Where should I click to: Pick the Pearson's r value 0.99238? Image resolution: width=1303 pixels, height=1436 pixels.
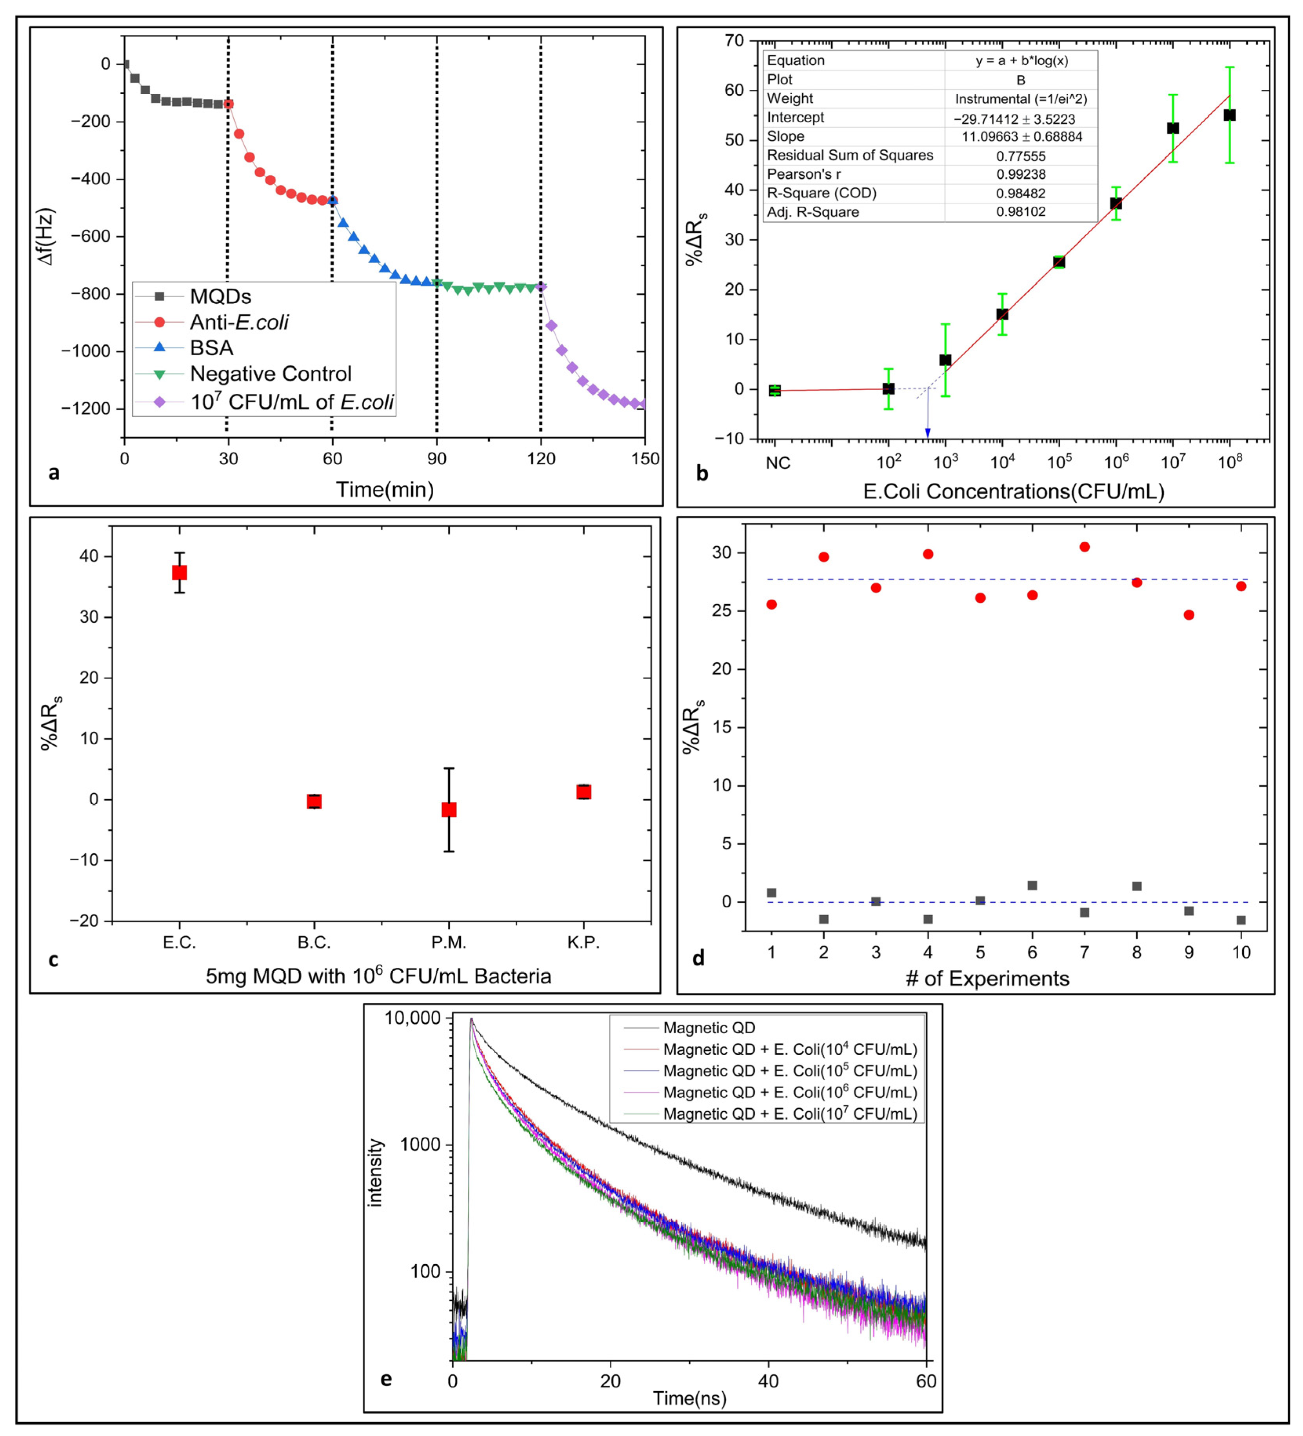pyautogui.click(x=1021, y=174)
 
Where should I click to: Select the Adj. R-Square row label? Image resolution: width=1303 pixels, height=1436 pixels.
pyautogui.click(x=813, y=211)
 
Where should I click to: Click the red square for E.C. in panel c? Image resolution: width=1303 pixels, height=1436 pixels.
pyautogui.click(x=180, y=573)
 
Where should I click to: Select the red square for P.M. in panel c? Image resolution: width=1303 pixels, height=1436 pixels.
pyautogui.click(x=449, y=809)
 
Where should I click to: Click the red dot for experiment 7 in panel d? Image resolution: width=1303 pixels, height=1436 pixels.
pyautogui.click(x=1084, y=547)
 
